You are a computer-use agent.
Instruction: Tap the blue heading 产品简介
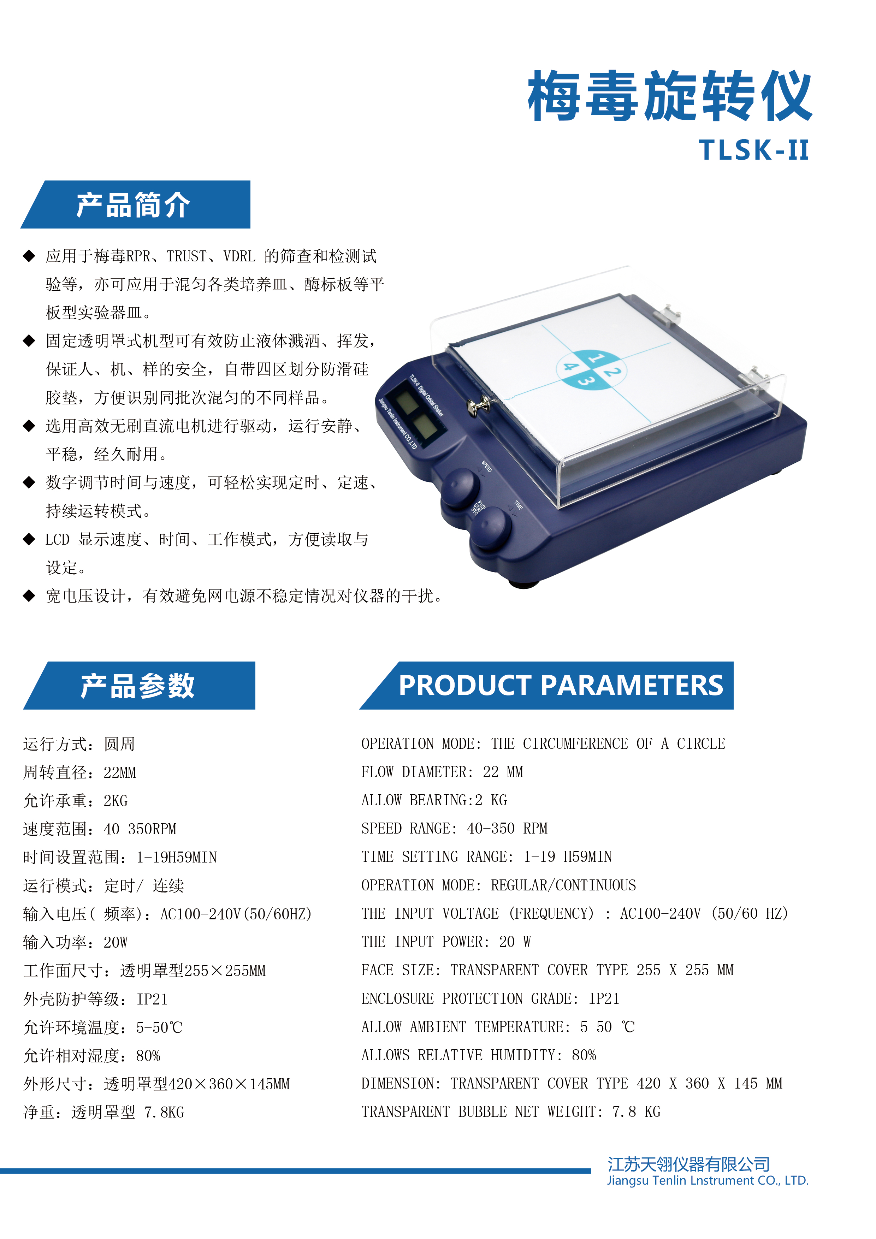tap(133, 205)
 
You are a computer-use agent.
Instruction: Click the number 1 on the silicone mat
tap(596, 357)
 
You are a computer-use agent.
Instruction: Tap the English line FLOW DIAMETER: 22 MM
tap(442, 772)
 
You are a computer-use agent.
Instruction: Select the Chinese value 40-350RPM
tap(140, 829)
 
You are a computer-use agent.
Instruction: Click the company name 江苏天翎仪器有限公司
tap(689, 1164)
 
